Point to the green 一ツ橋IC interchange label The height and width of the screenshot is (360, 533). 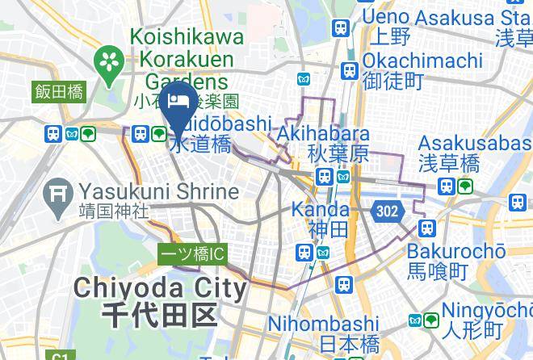coord(192,254)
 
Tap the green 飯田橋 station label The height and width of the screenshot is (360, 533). coord(59,92)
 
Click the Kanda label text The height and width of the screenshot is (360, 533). coord(322,210)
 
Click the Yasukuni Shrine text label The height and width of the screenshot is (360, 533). coord(158,192)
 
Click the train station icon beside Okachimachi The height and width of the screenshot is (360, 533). coord(350,70)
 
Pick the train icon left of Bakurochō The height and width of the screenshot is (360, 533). coord(426,228)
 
